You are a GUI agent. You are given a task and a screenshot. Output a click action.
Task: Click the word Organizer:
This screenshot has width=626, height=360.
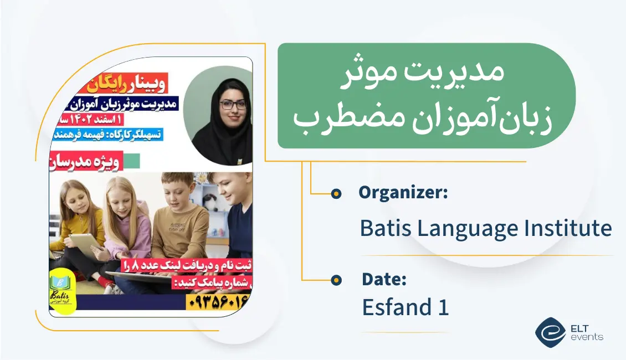[403, 193]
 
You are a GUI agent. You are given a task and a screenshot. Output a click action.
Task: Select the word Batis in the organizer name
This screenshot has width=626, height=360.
[384, 228]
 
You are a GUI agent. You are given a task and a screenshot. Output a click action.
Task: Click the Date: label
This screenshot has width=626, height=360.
[384, 280]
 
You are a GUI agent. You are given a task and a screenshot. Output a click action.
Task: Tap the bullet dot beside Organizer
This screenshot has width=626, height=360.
[336, 194]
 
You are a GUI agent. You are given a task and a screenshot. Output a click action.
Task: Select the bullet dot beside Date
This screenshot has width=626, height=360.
[336, 280]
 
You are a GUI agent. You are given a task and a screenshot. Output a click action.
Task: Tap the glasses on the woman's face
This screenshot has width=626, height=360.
[233, 105]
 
